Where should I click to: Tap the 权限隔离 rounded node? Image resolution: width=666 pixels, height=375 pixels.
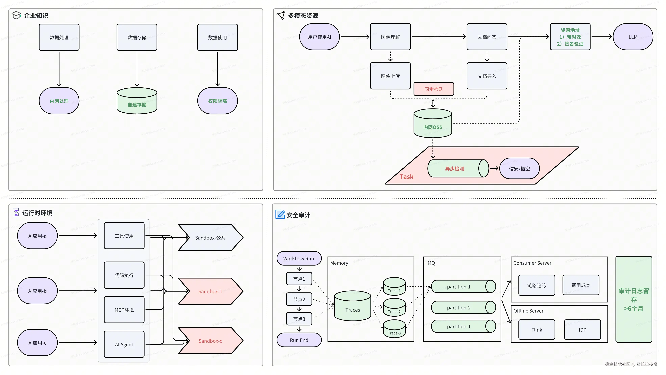(217, 101)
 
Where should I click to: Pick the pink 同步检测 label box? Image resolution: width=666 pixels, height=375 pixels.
(434, 89)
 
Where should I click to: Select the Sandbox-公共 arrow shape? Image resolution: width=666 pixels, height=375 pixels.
(210, 237)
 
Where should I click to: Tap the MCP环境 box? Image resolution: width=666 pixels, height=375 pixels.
(124, 310)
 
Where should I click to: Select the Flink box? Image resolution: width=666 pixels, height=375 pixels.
(536, 330)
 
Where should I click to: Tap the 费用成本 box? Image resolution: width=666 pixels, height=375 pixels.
(581, 285)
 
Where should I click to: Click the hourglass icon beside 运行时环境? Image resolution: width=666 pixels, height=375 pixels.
(16, 212)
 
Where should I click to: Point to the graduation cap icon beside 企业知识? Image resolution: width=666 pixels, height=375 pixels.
(16, 15)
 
